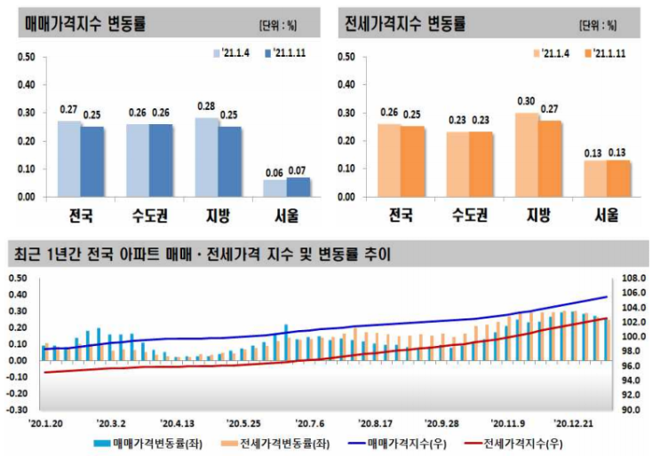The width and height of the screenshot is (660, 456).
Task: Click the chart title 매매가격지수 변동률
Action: (86, 23)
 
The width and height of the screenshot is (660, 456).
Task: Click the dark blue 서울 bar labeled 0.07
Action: (298, 187)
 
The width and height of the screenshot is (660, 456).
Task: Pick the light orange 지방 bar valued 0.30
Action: (527, 154)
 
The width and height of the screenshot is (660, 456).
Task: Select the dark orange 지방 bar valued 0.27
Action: (550, 159)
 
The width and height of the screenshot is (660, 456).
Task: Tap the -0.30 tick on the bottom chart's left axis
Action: (18, 410)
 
